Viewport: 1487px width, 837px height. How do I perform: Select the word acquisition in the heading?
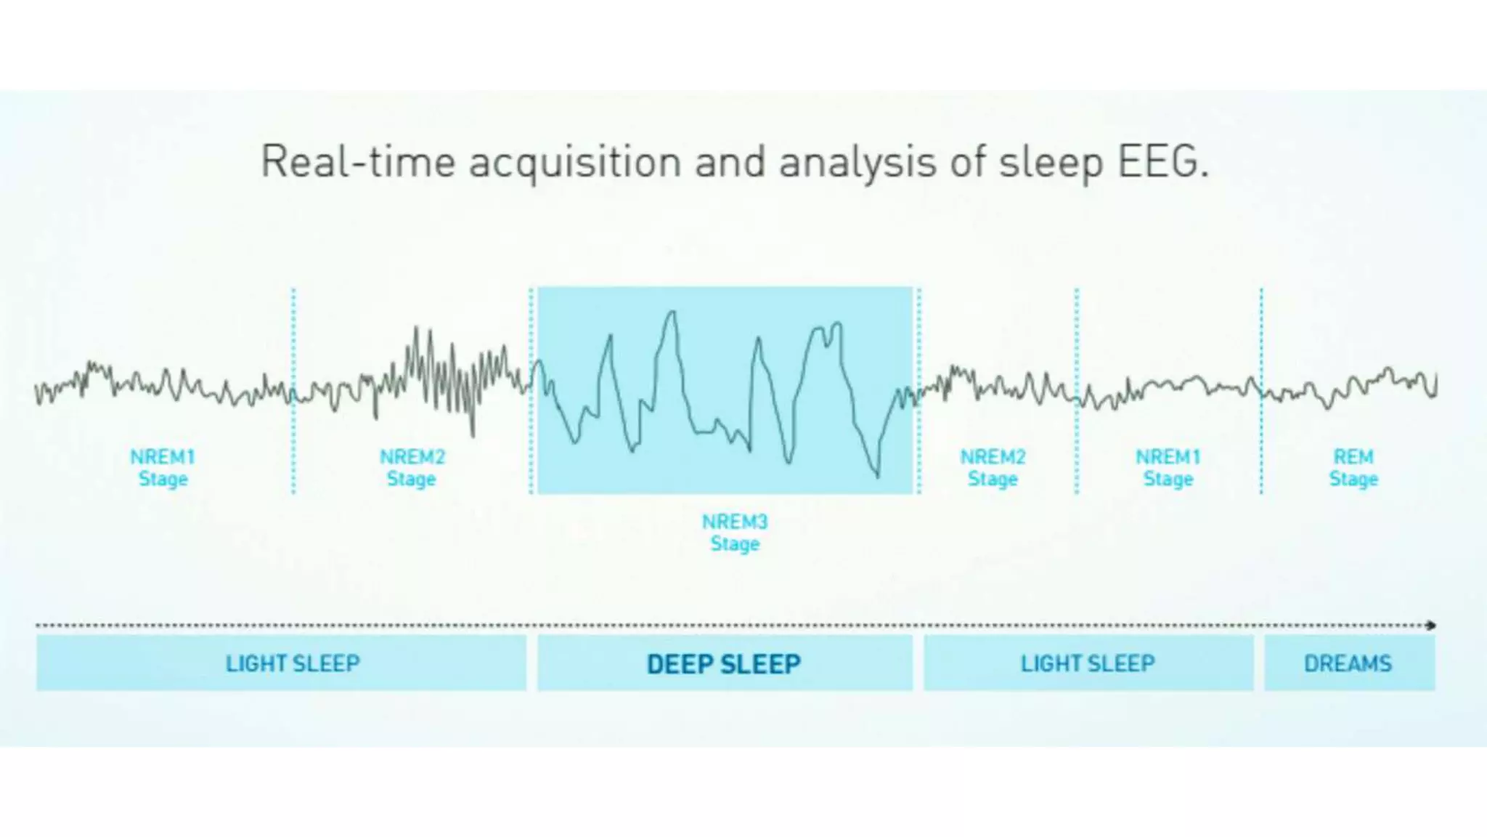point(574,163)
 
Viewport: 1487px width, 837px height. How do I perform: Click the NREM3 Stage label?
point(734,533)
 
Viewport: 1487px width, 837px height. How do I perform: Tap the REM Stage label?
point(1353,467)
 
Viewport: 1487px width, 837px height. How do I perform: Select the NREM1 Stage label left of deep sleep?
point(163,467)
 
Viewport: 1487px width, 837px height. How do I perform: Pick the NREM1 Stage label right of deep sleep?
point(1168,467)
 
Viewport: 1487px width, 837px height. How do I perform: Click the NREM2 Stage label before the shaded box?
point(412,467)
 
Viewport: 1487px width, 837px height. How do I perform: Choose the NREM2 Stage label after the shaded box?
point(993,467)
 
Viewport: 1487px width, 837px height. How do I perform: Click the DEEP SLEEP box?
point(725,663)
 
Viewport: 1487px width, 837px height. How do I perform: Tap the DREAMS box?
point(1348,663)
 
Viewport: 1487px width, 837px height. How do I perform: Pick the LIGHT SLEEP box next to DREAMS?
point(1088,663)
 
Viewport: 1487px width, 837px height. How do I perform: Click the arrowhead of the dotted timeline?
point(1431,625)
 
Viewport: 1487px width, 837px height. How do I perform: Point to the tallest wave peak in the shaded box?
point(672,312)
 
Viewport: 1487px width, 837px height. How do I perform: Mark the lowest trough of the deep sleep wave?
point(877,475)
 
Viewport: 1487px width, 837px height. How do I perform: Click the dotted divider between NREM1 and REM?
point(1261,392)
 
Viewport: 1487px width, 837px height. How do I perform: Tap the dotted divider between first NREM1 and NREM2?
point(293,392)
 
